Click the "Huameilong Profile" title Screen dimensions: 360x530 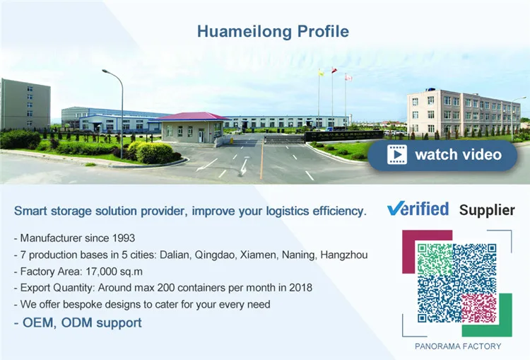coord(273,32)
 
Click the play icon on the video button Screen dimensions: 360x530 coord(397,154)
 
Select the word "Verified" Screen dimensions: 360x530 coord(418,209)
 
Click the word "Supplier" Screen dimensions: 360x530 coord(487,209)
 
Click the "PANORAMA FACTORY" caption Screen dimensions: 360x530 coord(458,346)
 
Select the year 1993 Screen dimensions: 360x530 coord(120,238)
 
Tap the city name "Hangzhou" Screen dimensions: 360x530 coord(343,255)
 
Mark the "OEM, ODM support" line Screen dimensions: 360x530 coord(78,323)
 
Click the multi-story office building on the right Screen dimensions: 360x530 coord(462,114)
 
